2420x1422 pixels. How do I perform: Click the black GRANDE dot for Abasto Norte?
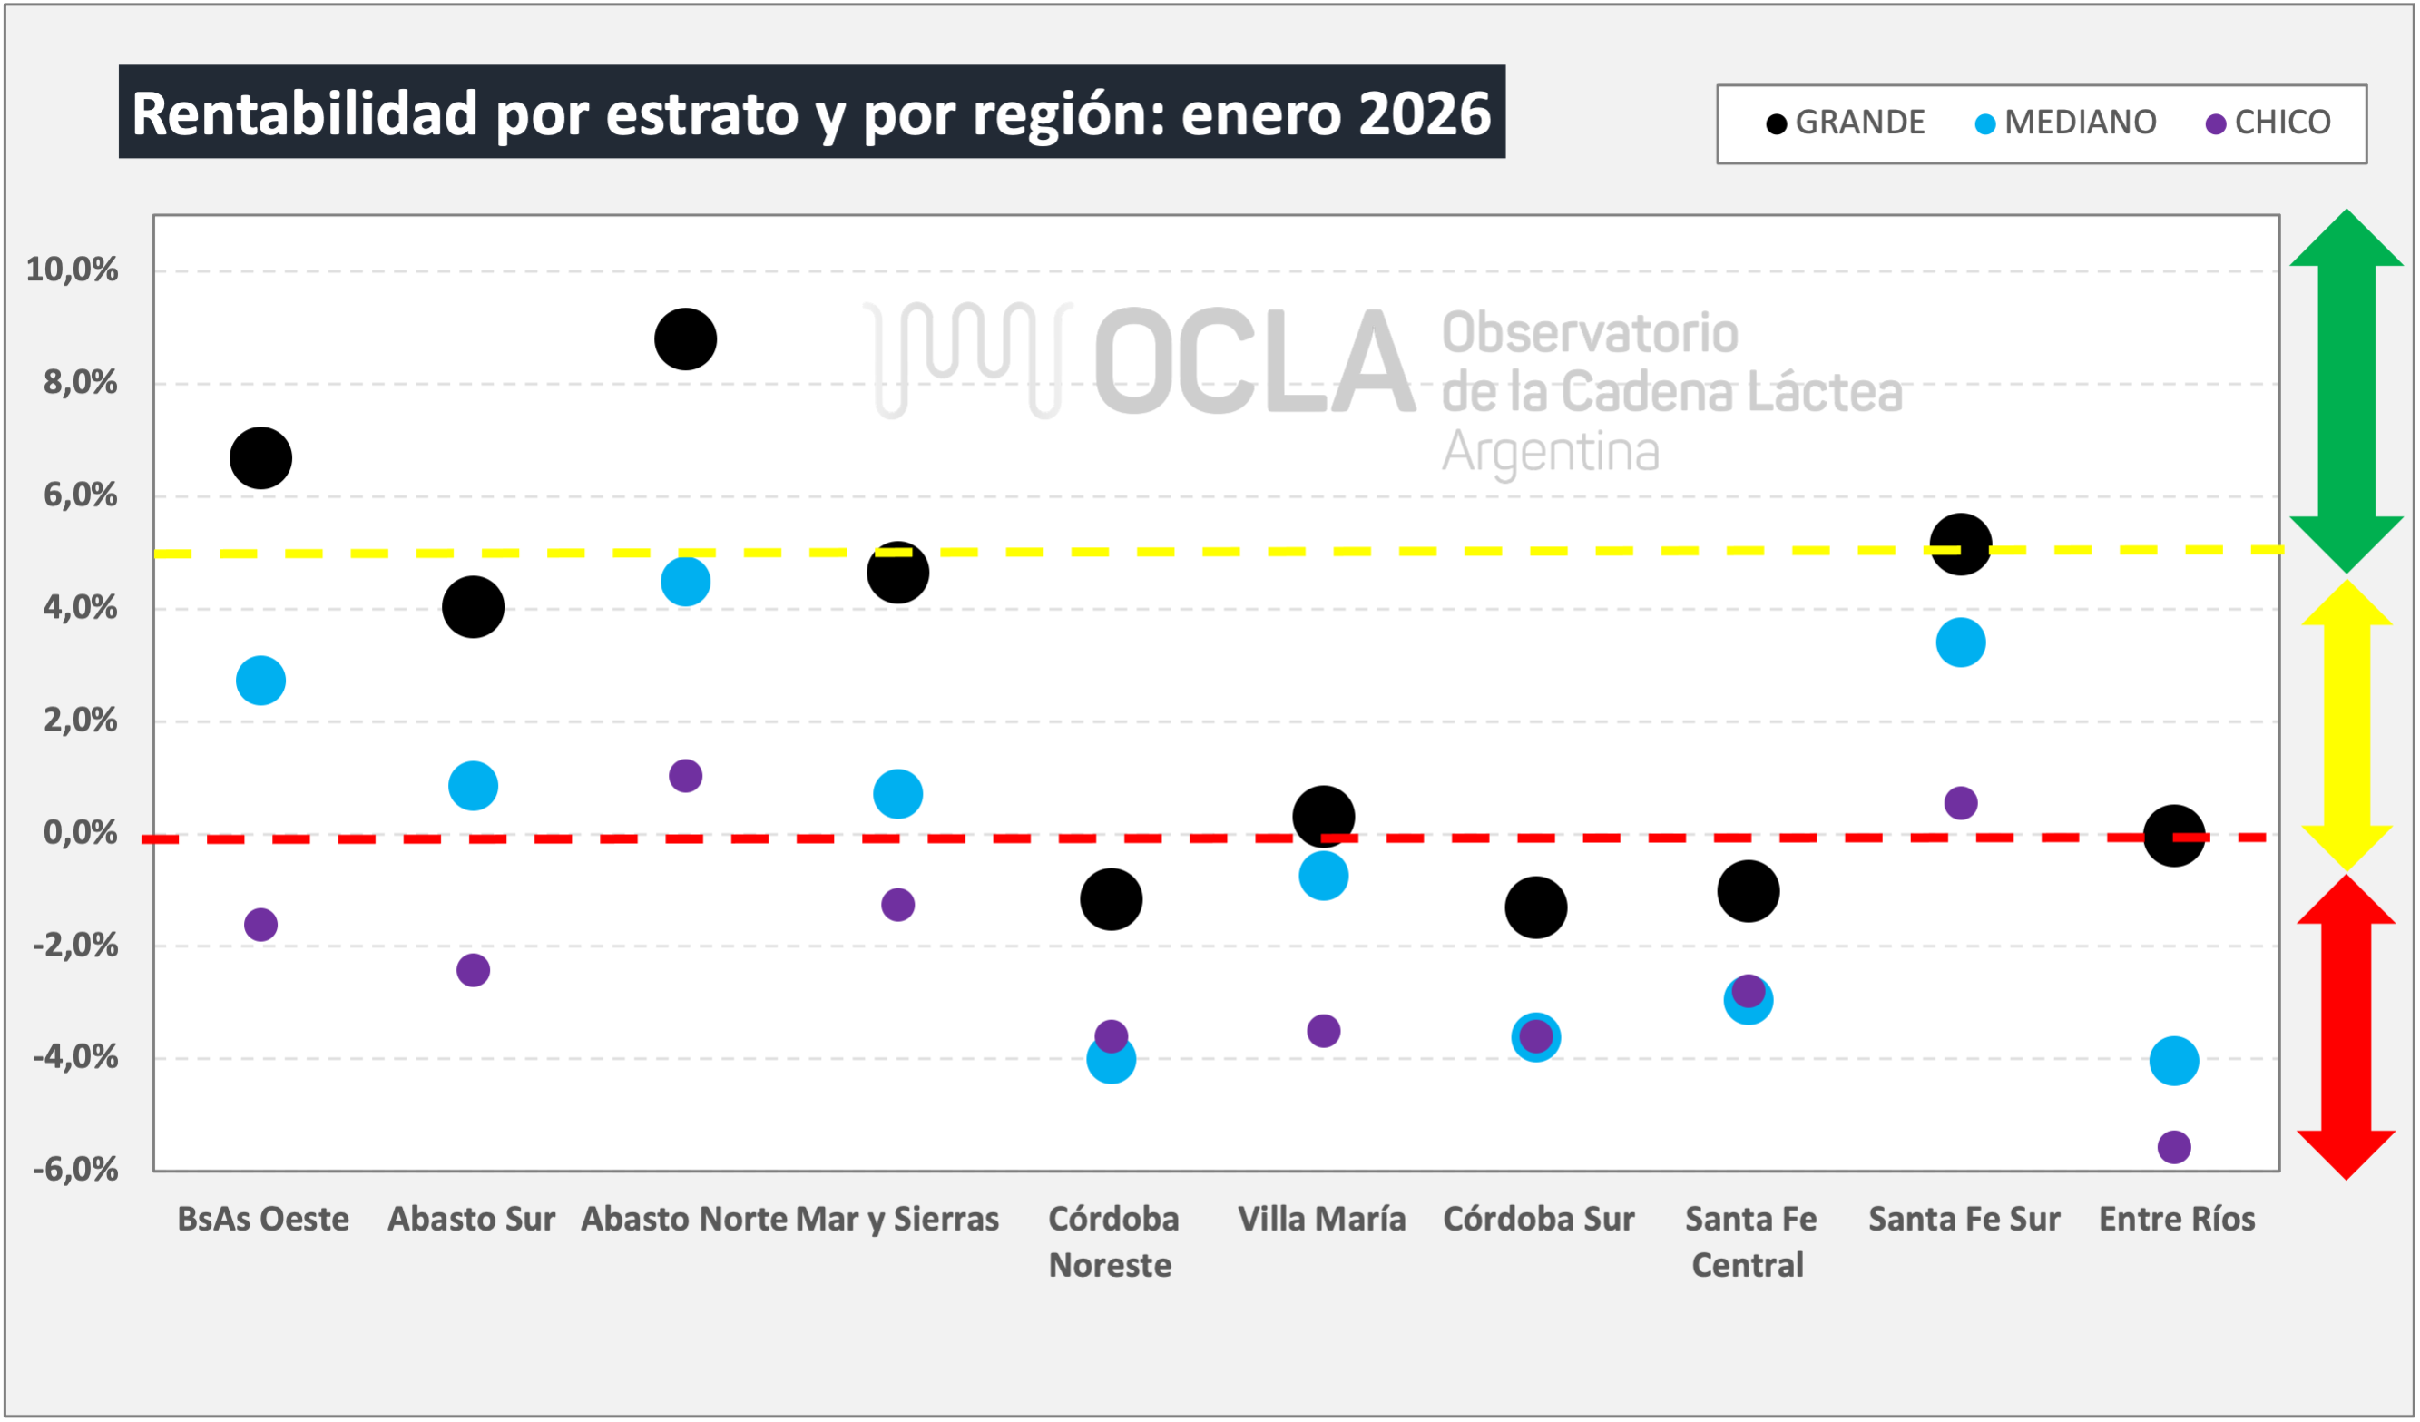point(685,338)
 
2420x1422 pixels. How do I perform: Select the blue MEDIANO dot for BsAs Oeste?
point(260,681)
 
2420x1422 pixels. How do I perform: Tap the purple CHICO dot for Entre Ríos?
point(2173,1147)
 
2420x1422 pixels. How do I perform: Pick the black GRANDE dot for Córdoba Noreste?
point(1110,899)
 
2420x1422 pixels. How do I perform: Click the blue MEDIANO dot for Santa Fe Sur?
point(1960,642)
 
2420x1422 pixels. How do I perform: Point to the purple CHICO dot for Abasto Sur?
point(473,970)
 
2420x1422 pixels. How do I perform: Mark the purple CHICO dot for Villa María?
point(1323,1031)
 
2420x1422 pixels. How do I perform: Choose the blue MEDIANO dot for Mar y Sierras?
point(896,794)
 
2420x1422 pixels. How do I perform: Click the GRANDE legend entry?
point(1845,123)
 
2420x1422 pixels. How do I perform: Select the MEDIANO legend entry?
point(2065,123)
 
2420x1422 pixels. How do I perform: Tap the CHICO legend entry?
point(2268,123)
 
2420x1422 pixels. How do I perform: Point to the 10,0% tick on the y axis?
point(72,270)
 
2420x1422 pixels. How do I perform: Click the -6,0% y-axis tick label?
point(75,1170)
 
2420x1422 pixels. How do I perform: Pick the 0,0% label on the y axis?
point(80,832)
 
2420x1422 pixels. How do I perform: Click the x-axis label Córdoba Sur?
point(1537,1220)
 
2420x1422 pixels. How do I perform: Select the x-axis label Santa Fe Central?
point(1749,1241)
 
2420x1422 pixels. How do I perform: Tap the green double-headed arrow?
point(2347,391)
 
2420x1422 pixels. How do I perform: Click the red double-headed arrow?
point(2347,1026)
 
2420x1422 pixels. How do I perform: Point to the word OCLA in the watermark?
point(1253,362)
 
